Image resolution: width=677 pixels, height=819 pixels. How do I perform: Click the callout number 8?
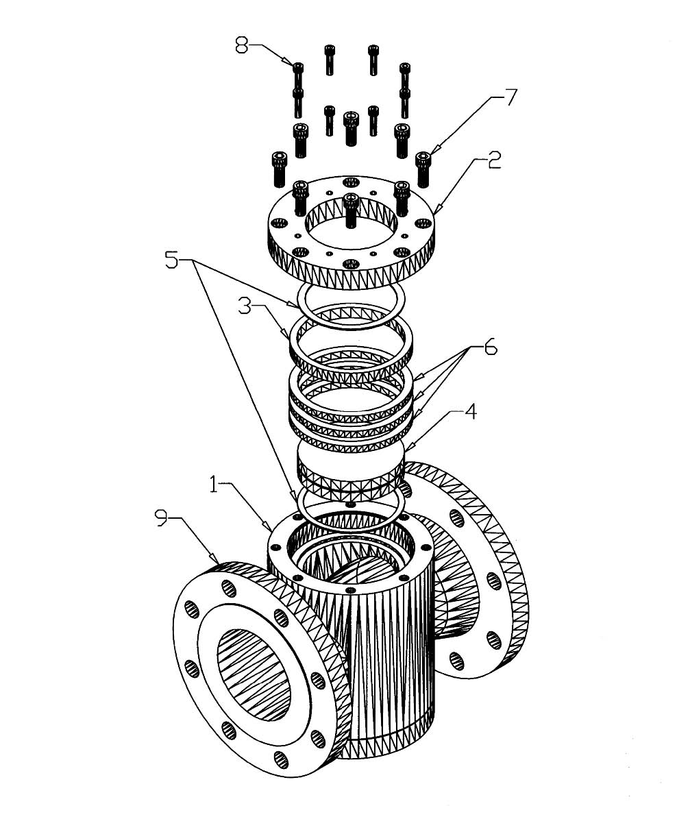(x=241, y=45)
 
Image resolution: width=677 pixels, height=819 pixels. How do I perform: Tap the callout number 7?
(x=511, y=97)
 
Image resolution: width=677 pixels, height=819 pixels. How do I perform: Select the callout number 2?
(x=493, y=160)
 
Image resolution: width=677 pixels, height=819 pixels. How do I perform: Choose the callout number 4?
(x=471, y=412)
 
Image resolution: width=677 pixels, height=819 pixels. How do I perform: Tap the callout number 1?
(x=213, y=484)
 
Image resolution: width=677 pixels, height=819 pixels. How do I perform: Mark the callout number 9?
(x=162, y=517)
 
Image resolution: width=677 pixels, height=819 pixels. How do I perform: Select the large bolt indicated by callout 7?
(x=423, y=169)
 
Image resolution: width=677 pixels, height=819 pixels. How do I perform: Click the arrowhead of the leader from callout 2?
(x=434, y=212)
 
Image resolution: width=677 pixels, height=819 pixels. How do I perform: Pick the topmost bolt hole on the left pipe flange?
(x=229, y=589)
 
